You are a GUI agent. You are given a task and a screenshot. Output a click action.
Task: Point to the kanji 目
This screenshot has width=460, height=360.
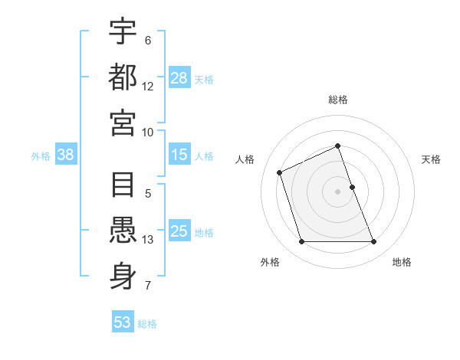pyautogui.click(x=123, y=186)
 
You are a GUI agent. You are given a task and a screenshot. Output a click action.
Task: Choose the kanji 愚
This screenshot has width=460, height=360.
pyautogui.click(x=123, y=231)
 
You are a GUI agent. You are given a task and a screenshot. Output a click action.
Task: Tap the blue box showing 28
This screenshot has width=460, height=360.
pyautogui.click(x=179, y=78)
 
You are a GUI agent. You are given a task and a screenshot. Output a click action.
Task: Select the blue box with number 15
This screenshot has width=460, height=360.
pyautogui.click(x=179, y=155)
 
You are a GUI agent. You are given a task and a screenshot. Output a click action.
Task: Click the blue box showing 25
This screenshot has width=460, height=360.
pyautogui.click(x=179, y=231)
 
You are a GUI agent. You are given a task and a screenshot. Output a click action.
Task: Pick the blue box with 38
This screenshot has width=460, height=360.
pyautogui.click(x=66, y=155)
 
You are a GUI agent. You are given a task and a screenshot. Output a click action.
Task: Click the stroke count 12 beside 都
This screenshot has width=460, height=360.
pyautogui.click(x=148, y=87)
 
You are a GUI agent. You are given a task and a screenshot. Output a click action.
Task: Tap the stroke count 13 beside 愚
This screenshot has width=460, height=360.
pyautogui.click(x=148, y=240)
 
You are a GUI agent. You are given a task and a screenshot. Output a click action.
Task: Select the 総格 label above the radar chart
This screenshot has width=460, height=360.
pyautogui.click(x=338, y=100)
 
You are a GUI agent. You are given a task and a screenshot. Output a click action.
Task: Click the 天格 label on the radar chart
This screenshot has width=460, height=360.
pyautogui.click(x=431, y=159)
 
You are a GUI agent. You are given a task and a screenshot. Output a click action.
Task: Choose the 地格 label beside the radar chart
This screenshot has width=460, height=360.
pyautogui.click(x=402, y=263)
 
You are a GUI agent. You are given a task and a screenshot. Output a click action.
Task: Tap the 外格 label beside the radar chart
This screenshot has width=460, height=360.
pyautogui.click(x=270, y=263)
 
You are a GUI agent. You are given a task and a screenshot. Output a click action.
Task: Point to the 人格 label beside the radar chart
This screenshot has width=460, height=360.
pyautogui.click(x=245, y=159)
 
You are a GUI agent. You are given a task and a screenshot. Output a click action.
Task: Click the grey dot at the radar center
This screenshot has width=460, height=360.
pyautogui.click(x=338, y=191)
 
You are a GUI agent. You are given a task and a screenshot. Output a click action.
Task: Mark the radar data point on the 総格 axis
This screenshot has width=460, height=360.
pyautogui.click(x=338, y=146)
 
